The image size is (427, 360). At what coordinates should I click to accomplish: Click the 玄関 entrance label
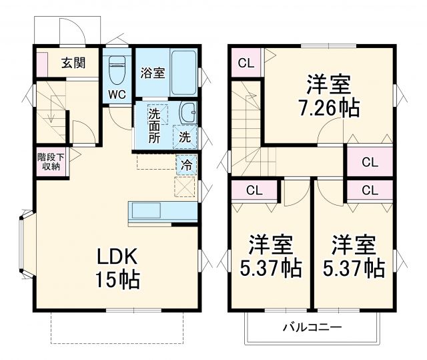pyautogui.click(x=73, y=63)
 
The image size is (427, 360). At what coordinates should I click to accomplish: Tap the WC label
pyautogui.click(x=117, y=94)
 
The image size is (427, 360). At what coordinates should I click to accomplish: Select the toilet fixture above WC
pyautogui.click(x=117, y=67)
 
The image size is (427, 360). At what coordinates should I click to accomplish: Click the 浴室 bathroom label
pyautogui.click(x=152, y=73)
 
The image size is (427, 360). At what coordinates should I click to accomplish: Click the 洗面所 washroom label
pyautogui.click(x=154, y=125)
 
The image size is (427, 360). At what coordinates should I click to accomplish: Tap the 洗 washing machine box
pyautogui.click(x=185, y=138)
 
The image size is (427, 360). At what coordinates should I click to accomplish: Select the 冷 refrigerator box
pyautogui.click(x=185, y=162)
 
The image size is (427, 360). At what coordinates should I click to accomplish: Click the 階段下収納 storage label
pyautogui.click(x=51, y=162)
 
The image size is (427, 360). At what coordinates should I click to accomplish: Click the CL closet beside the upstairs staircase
pyautogui.click(x=246, y=64)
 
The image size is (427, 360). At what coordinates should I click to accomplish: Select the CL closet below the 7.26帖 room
pyautogui.click(x=369, y=162)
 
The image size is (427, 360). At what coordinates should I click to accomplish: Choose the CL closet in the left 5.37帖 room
pyautogui.click(x=254, y=190)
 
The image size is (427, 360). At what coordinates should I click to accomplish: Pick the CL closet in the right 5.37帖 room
pyautogui.click(x=370, y=190)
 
